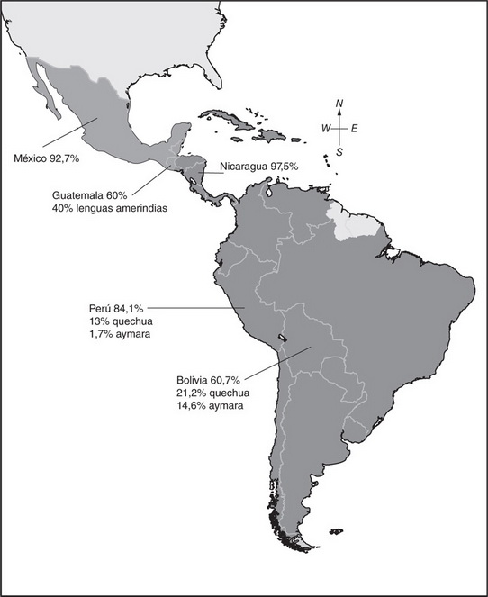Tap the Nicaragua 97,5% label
[260, 167]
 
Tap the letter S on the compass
[339, 152]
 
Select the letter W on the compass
[326, 129]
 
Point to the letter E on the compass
[354, 129]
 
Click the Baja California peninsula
[45, 91]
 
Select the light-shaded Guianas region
[352, 222]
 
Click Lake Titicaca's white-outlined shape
[282, 339]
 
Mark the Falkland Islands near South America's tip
[336, 531]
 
